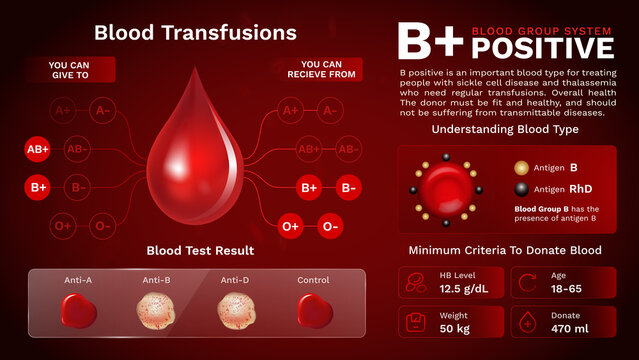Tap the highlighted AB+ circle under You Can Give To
tap(38, 150)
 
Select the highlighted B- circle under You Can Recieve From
tap(347, 187)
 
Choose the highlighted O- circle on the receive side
tap(331, 226)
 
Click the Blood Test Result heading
tap(200, 250)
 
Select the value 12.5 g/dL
tap(463, 290)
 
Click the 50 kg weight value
tap(456, 328)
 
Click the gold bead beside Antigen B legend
tap(521, 169)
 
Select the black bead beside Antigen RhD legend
tap(521, 189)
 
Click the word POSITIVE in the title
tap(541, 47)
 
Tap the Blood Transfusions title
tap(195, 32)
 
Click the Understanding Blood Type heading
tap(505, 130)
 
